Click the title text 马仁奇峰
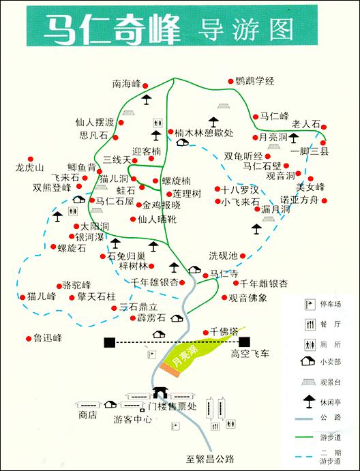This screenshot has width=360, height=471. [112, 29]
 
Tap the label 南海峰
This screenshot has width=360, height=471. [126, 84]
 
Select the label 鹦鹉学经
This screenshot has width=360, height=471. [254, 81]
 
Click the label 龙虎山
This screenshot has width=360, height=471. [30, 168]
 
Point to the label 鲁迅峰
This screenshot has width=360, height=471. [48, 337]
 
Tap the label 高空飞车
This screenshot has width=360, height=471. [250, 354]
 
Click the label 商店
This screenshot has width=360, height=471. [87, 414]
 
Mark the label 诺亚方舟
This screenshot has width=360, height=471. [299, 200]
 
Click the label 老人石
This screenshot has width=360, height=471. [305, 124]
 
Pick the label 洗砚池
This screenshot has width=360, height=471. [223, 256]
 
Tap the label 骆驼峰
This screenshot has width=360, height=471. [76, 285]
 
